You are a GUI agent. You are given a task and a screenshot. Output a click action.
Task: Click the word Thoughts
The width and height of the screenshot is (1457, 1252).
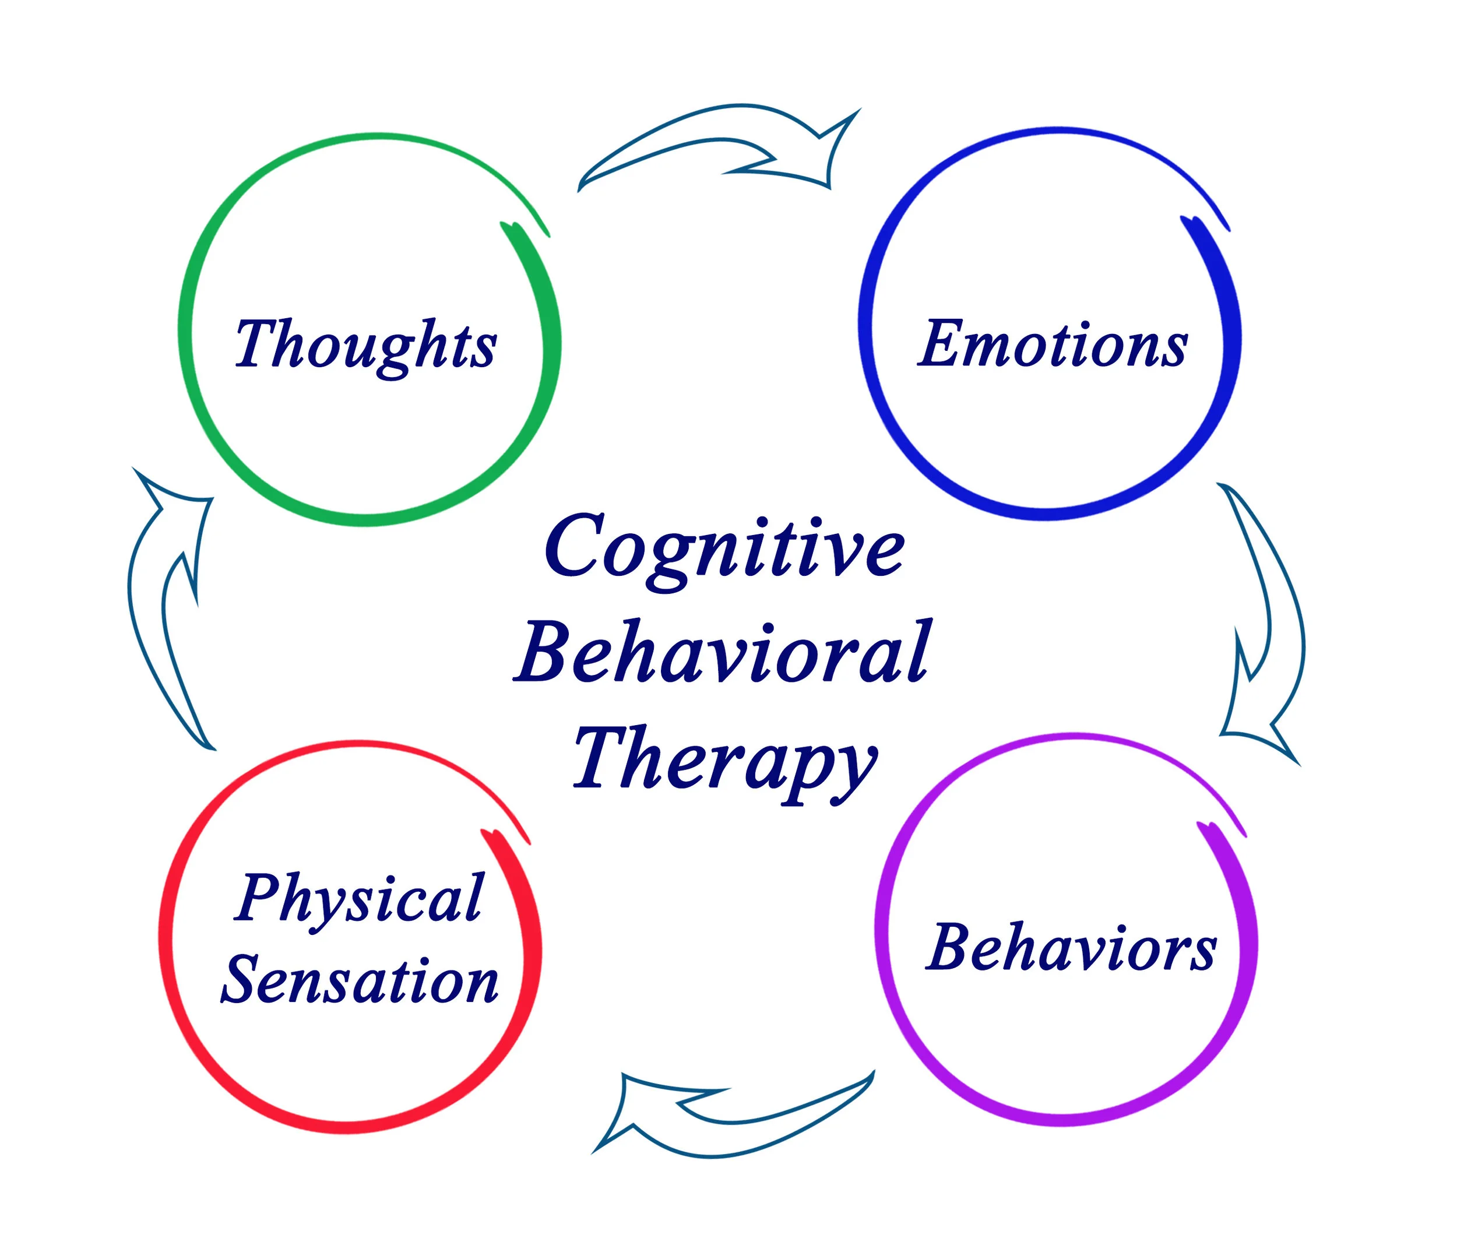coord(365,344)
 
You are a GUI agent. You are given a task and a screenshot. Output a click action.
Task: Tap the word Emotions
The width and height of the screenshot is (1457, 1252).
coord(1053,344)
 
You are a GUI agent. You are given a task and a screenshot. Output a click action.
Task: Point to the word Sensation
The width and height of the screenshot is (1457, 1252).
coord(360,980)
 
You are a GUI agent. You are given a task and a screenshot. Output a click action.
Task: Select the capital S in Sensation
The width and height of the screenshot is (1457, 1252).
coord(243,980)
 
